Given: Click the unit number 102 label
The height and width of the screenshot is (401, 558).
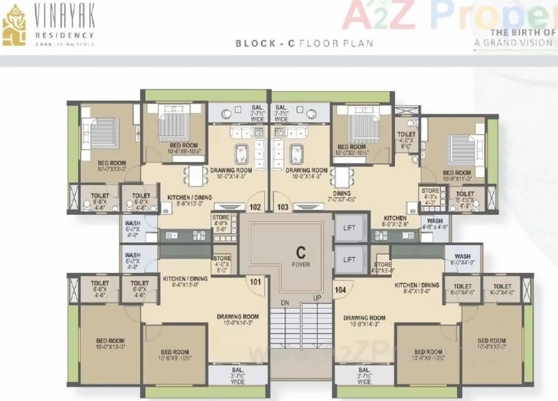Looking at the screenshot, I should tap(256, 207).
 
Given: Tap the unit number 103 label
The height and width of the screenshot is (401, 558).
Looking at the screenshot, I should tap(283, 207).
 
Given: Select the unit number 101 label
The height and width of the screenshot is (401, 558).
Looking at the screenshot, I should tap(256, 282).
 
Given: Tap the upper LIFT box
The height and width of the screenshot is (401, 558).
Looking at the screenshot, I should tap(349, 228).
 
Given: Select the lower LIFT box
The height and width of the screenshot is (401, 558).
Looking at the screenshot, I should tap(349, 260).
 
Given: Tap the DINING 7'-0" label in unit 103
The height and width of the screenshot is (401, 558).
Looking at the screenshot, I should tap(342, 196).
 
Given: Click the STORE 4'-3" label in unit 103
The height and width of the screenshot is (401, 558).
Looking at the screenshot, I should tap(430, 195).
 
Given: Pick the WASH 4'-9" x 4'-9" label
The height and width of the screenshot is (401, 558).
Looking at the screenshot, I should tap(435, 224).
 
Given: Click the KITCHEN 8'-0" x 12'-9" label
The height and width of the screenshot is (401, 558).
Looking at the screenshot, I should tap(395, 221).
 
